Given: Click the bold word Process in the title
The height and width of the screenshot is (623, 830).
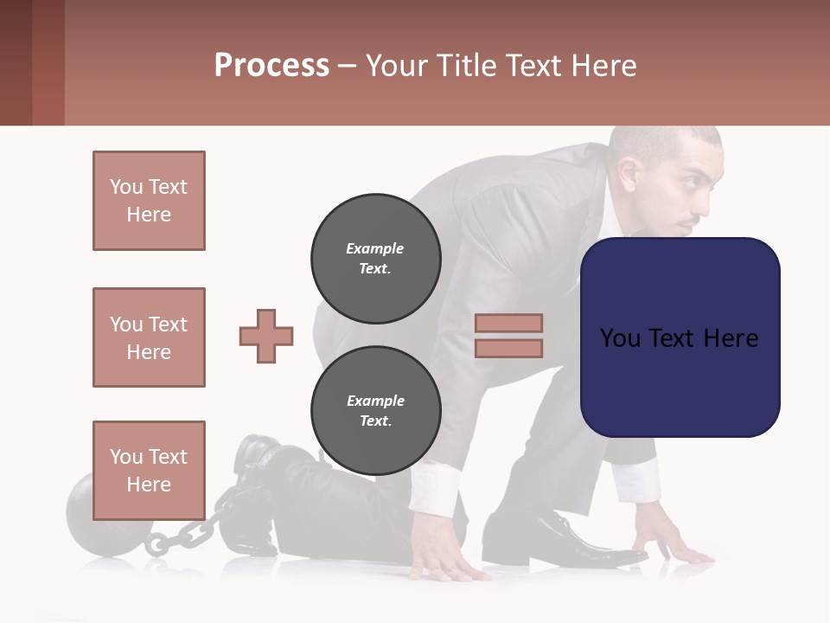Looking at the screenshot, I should click(x=271, y=65).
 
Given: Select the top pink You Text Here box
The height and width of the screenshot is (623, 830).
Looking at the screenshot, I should click(x=149, y=201).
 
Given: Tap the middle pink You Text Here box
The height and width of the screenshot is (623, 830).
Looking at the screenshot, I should click(x=149, y=337).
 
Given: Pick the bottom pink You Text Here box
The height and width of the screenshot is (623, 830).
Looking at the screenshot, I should click(x=149, y=470).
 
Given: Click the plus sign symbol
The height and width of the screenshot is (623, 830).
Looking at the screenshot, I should click(x=266, y=336).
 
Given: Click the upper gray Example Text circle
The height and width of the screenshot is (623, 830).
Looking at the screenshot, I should click(x=375, y=258).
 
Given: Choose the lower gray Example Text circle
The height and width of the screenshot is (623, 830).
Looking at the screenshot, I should click(x=375, y=410).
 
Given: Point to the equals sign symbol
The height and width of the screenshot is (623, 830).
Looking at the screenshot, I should click(x=508, y=336).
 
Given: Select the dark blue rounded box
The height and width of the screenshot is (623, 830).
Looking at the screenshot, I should click(x=680, y=337).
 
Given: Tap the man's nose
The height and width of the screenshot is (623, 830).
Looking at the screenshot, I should click(x=714, y=195).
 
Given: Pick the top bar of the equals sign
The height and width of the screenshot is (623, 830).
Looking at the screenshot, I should click(x=508, y=323).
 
